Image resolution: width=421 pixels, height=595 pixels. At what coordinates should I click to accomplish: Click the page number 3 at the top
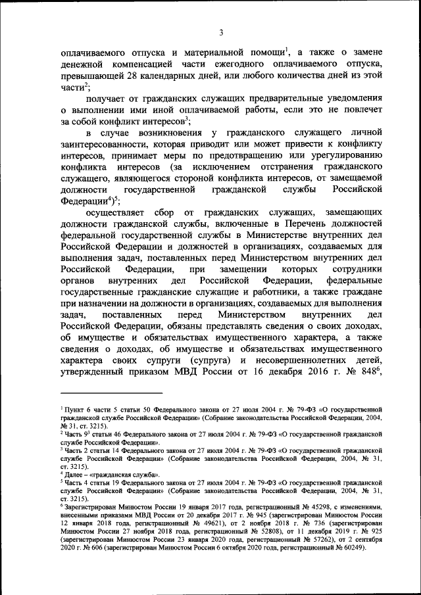coord(221,33)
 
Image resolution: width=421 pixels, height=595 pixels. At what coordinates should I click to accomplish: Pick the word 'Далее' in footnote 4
coord(74,472)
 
